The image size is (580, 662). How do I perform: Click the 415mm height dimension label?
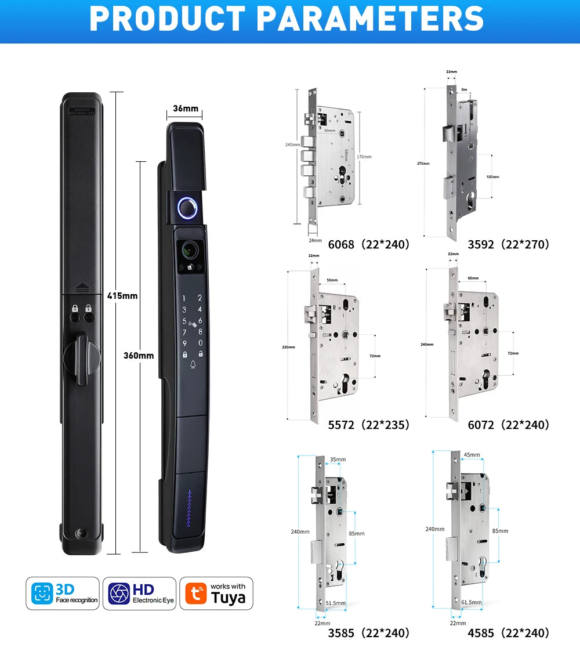[122, 296]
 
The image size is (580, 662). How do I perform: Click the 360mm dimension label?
[139, 355]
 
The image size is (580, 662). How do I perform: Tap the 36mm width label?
[186, 108]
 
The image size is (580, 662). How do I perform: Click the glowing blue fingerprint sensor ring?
[187, 207]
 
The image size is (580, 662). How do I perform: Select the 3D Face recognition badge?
[62, 594]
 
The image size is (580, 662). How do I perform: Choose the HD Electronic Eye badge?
[139, 594]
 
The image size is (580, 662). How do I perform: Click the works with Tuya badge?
[216, 594]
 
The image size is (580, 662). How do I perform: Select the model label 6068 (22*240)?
[369, 244]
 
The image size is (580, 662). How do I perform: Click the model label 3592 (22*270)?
[508, 244]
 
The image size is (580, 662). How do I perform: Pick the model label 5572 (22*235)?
[369, 425]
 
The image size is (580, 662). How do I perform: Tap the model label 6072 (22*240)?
[508, 425]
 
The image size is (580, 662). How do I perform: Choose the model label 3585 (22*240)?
[369, 632]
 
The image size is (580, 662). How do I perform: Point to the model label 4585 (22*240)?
[508, 632]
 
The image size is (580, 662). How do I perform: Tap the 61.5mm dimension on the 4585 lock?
[470, 602]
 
